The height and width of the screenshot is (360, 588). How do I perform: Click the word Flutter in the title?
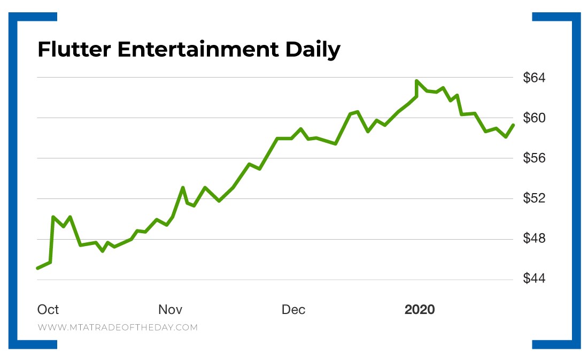click(74, 50)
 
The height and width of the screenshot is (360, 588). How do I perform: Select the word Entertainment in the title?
click(197, 50)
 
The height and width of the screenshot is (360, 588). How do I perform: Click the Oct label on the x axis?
click(48, 310)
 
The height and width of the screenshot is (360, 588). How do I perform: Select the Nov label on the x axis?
click(171, 310)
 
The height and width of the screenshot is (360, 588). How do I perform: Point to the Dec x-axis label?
click(293, 310)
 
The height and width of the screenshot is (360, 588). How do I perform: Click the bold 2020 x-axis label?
click(420, 310)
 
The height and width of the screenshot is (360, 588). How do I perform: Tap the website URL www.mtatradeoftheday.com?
click(118, 327)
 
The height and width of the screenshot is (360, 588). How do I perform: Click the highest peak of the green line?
click(416, 81)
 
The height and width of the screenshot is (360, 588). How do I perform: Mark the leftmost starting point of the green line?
click(37, 268)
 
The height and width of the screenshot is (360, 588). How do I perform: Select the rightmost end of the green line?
click(513, 125)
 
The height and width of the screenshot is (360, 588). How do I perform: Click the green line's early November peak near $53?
click(183, 188)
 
